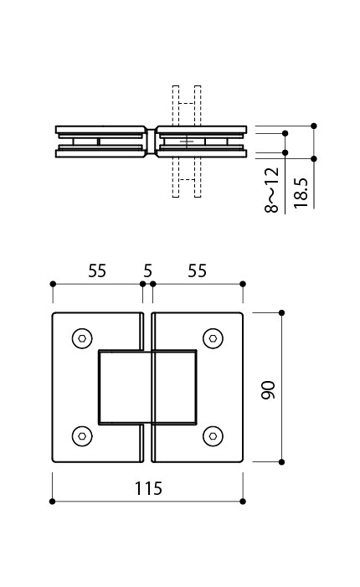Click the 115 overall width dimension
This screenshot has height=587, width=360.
[148, 488]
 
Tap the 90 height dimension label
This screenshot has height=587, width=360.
[268, 390]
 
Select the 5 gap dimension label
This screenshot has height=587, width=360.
[148, 270]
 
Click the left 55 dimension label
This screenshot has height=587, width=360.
[97, 270]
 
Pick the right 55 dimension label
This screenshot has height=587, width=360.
[198, 270]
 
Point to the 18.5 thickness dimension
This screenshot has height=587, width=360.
[301, 193]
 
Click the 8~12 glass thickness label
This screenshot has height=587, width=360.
[272, 190]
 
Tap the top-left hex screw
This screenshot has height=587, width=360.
[82, 338]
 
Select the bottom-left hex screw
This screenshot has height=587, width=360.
[82, 436]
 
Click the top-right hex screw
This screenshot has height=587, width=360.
[213, 338]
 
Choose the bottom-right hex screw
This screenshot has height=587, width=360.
[213, 436]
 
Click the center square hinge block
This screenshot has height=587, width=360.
[147, 388]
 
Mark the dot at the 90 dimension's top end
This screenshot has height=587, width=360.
[282, 313]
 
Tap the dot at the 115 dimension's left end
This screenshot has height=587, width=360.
[53, 502]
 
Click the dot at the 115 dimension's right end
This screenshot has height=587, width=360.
[243, 502]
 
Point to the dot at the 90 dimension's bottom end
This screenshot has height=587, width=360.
[282, 462]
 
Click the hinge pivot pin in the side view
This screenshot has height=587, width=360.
[151, 142]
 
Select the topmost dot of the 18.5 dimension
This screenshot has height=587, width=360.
[314, 126]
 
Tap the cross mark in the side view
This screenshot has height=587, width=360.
[187, 142]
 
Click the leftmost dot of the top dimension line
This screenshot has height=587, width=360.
[53, 284]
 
